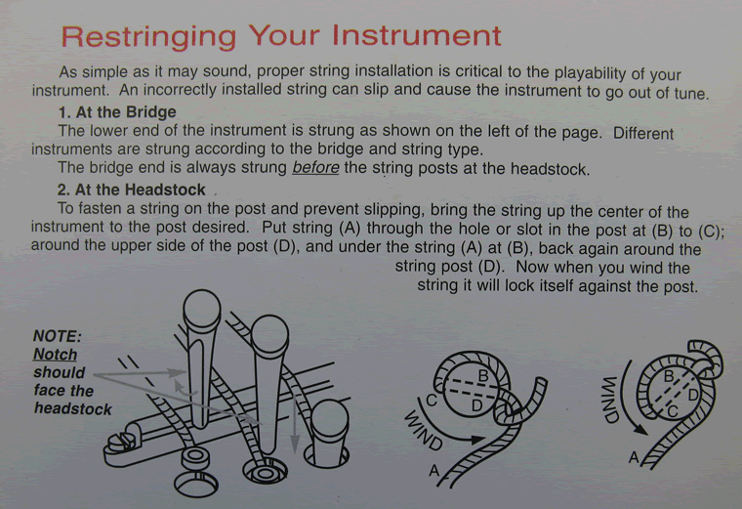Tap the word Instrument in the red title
(x=417, y=36)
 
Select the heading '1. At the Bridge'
(x=117, y=113)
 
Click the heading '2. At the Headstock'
(x=131, y=191)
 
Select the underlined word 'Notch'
(x=55, y=355)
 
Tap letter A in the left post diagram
(x=434, y=472)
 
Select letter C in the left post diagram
(x=431, y=398)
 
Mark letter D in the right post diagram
(x=693, y=395)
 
